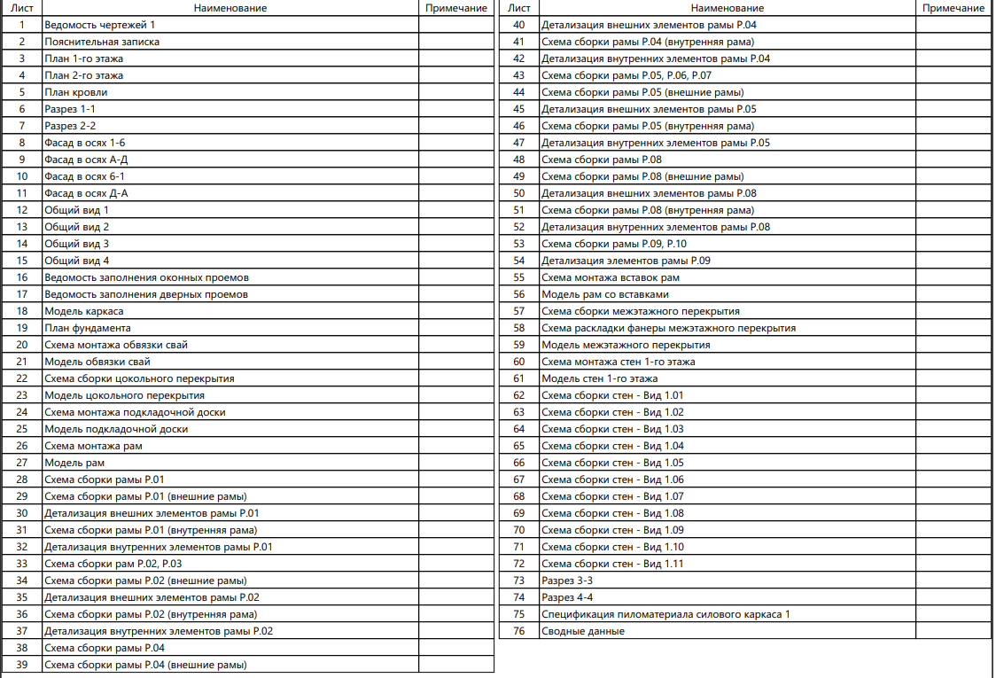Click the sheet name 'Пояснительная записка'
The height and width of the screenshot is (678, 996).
pos(102,42)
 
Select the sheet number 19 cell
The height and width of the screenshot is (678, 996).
pos(22,328)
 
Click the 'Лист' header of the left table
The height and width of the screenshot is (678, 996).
pos(22,8)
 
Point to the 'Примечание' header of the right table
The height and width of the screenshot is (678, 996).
pos(953,8)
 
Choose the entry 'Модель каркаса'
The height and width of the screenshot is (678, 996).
pos(83,311)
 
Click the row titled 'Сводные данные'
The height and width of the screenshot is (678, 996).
pos(582,631)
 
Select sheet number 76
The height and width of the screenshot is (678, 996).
pos(519,631)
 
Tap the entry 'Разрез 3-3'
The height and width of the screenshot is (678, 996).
pos(567,581)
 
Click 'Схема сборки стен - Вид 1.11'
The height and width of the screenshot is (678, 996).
pos(612,564)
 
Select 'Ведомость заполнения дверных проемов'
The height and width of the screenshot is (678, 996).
pos(146,294)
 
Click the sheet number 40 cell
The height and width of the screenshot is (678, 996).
pos(519,25)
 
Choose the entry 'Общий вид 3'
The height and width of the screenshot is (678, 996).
pos(76,244)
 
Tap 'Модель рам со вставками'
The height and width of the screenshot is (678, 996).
pos(604,294)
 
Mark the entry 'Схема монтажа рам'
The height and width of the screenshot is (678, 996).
pos(92,446)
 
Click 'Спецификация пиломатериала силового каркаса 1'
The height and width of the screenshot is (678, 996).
pos(665,614)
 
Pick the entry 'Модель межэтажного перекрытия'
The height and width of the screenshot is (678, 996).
pos(625,345)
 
